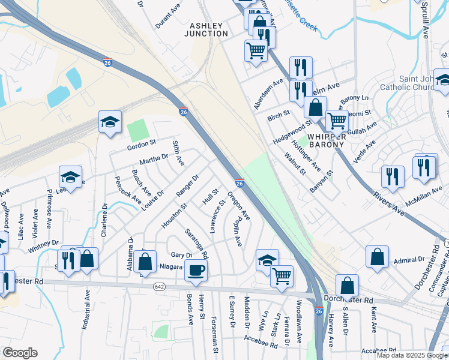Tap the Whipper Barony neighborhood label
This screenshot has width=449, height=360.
click(x=326, y=140)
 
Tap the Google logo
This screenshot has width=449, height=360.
click(x=19, y=353)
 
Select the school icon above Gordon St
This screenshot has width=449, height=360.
click(x=110, y=122)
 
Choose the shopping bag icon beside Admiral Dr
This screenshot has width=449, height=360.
click(x=376, y=256)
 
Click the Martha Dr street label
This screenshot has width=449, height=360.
click(x=154, y=159)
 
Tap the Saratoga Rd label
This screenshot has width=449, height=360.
click(x=196, y=244)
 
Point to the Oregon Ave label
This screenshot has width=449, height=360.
click(x=238, y=206)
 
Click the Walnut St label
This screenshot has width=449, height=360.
click(x=295, y=163)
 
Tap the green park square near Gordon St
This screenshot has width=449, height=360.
click(x=137, y=128)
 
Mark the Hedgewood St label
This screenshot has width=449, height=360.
click(x=292, y=132)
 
